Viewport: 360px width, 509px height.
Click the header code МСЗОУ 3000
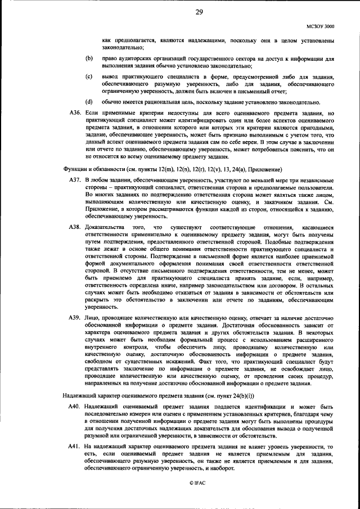321,26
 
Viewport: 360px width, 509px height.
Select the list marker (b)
89,58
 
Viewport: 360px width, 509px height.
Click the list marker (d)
89,102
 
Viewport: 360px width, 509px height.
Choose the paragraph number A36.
75,113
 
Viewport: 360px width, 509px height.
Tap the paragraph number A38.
75,227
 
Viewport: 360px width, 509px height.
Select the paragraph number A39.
75,318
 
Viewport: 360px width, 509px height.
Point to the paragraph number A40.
75,406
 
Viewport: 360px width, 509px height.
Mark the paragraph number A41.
75,447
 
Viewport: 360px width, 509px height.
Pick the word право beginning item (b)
111,58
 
